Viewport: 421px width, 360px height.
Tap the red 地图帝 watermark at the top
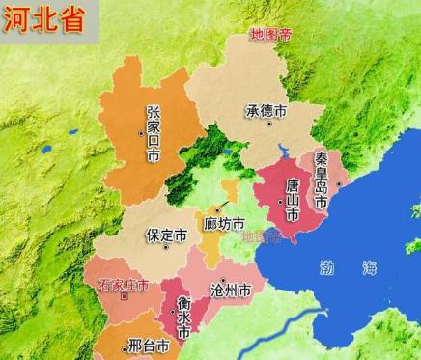270,34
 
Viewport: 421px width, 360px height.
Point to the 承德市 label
267,112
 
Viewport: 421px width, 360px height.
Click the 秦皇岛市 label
322,180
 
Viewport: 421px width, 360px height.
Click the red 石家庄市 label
124,286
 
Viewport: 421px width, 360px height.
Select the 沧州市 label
231,290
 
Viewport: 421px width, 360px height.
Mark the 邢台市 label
149,344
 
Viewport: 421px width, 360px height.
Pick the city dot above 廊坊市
218,208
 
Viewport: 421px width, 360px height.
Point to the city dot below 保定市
167,247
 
